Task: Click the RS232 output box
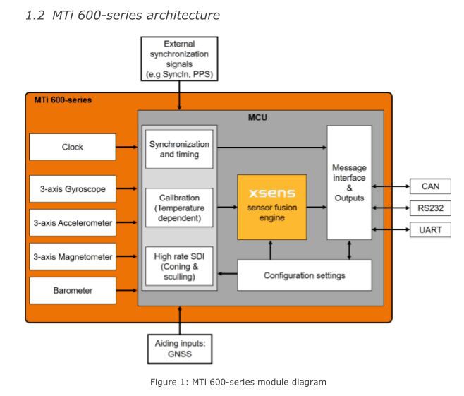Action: pos(430,209)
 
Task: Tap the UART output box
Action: pos(430,229)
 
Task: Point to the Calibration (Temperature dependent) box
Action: pos(179,208)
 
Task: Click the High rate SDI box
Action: pos(179,265)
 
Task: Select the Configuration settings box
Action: pos(304,275)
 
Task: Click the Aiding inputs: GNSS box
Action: pos(179,347)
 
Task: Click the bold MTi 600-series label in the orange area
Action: pos(63,100)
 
